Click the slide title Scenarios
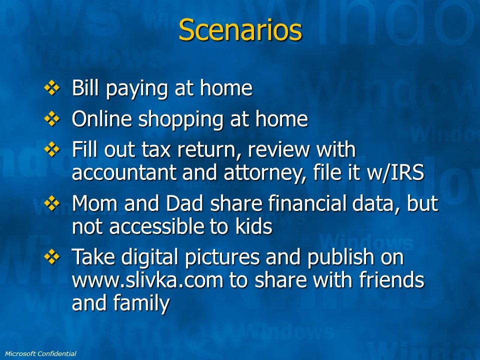[240, 29]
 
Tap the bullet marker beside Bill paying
[52, 88]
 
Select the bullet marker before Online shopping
[52, 119]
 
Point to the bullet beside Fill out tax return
[52, 149]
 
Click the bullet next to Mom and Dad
[52, 203]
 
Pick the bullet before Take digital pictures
[52, 257]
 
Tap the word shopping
[181, 119]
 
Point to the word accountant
[124, 172]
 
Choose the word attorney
[264, 173]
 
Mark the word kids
[254, 226]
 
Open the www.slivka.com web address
[147, 280]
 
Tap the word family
[141, 303]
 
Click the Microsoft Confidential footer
[40, 354]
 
